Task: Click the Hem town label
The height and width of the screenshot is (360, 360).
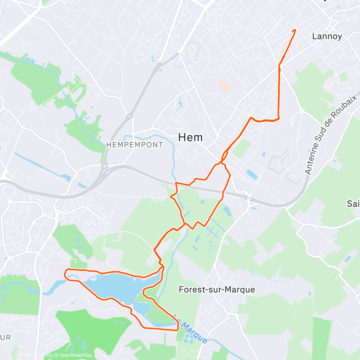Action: [190, 137]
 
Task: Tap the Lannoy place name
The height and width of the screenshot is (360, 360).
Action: [327, 36]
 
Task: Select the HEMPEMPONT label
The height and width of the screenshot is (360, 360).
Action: [135, 145]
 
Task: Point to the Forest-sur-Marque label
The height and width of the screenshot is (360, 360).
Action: [217, 289]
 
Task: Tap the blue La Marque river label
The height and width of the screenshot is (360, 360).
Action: [190, 329]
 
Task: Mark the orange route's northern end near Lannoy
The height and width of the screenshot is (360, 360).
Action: [295, 30]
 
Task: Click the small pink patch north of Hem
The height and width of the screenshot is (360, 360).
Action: [224, 86]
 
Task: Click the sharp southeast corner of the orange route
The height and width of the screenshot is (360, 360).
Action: [178, 329]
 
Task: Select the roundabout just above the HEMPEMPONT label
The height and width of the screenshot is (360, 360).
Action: [129, 116]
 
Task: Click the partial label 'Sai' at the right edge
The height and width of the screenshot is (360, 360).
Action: [353, 204]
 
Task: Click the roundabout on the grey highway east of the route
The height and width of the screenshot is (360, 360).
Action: [249, 198]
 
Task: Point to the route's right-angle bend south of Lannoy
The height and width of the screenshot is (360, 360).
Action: [279, 119]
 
